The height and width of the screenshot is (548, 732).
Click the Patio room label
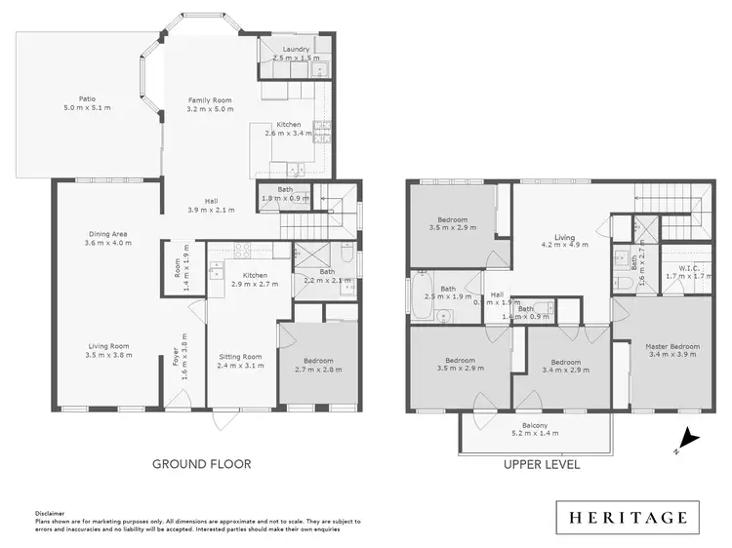(88, 98)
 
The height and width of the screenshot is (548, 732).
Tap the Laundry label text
(296, 50)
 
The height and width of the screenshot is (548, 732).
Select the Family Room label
(212, 99)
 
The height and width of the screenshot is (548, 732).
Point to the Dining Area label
(107, 233)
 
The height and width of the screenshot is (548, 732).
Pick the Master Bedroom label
(672, 346)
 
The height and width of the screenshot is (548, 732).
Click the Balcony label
(533, 426)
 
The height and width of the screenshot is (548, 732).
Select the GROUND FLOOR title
(201, 465)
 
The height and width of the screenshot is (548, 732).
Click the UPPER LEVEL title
(542, 465)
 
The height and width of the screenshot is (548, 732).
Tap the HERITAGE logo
(629, 517)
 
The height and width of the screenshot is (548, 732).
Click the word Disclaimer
(50, 511)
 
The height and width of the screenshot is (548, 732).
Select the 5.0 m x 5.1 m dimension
(88, 107)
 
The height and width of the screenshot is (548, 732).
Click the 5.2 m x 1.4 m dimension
(533, 435)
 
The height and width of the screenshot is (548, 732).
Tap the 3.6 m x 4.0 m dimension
(107, 243)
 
